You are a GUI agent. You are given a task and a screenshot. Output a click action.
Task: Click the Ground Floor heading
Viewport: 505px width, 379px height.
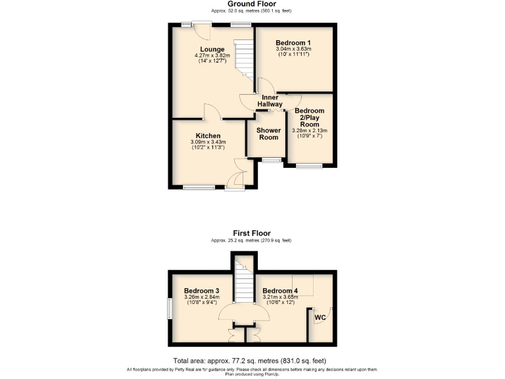pos(252,4)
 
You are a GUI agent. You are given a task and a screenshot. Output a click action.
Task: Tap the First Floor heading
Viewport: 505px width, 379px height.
pos(252,233)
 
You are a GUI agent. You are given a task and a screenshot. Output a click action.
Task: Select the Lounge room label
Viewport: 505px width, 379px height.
pos(212,49)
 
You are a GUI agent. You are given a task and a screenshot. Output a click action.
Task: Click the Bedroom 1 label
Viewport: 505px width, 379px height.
pos(293,43)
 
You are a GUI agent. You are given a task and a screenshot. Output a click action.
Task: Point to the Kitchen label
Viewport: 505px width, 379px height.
pos(208,135)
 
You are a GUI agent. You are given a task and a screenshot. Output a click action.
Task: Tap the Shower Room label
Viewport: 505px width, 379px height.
pos(268,134)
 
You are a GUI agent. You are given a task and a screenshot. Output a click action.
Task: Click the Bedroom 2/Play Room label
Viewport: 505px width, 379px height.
pos(309,117)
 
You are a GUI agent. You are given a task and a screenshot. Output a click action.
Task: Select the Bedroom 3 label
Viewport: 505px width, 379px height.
pos(201,290)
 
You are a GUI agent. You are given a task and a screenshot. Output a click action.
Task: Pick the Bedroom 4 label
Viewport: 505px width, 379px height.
pos(280,290)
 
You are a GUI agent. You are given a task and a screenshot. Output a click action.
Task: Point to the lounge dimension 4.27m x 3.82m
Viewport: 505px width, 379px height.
pos(212,56)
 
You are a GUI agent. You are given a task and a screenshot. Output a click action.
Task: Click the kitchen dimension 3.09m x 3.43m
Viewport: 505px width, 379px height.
pos(208,142)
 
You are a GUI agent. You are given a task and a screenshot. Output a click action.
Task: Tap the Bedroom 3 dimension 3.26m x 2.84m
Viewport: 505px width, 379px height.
pos(201,297)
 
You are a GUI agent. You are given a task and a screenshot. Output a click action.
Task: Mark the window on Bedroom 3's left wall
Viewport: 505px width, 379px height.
pos(169,310)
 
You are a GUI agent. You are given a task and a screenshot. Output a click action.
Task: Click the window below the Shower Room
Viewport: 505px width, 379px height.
pos(269,160)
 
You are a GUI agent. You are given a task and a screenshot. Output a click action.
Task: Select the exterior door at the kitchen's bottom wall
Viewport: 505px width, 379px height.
pos(234,188)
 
